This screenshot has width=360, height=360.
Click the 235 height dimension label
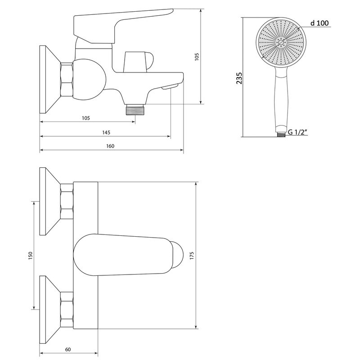point(239,78)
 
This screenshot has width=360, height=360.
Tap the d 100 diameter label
point(319,23)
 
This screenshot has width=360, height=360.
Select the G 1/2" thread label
point(297,132)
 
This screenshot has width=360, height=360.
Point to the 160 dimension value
point(110,146)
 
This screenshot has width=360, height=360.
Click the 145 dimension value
point(106,132)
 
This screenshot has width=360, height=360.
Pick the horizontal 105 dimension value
point(86,118)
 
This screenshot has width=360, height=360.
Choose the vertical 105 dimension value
point(197,57)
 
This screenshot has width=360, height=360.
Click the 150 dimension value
point(31,256)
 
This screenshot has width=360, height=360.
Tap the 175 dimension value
point(192,256)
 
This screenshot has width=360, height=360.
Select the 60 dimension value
point(68,350)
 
